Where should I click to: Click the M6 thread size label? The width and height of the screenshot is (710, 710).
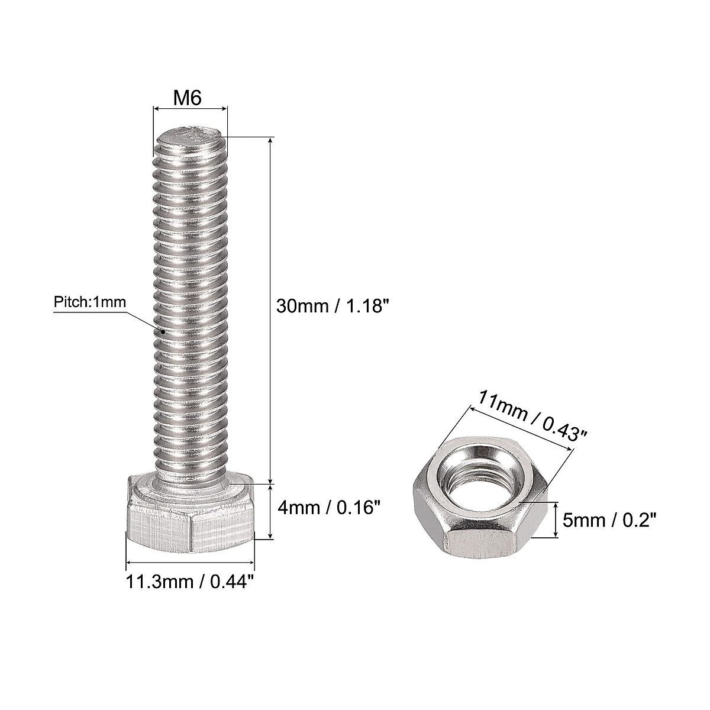pos(188,98)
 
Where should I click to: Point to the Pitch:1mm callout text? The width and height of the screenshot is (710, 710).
pos(90,302)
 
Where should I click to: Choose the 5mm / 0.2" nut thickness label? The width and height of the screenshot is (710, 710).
pos(609,521)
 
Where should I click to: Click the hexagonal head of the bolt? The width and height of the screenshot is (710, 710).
pos(189,515)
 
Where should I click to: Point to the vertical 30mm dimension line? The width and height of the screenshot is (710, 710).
pos(271,308)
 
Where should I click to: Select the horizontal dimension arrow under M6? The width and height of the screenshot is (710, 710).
pos(190,108)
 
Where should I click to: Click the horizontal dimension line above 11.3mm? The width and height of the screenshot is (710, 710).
pos(190,563)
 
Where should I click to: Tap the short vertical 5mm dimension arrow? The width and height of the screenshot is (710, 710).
pos(556,519)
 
